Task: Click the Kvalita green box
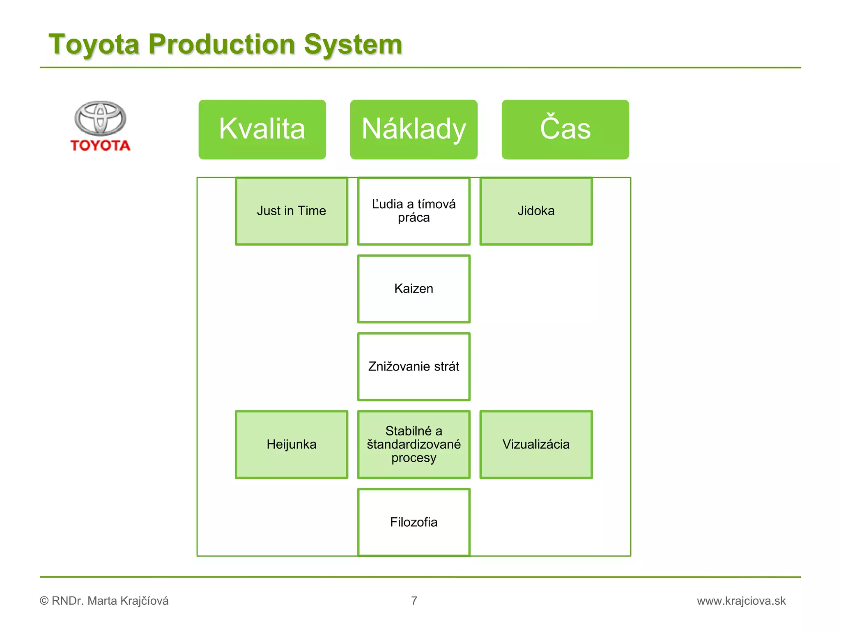262,129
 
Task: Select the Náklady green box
414,129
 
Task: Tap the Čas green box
565,129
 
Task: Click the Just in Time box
292,211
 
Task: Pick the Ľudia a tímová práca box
414,211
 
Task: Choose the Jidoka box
536,211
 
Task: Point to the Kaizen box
414,289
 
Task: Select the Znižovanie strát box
414,366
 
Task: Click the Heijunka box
292,444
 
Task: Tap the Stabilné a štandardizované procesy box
414,444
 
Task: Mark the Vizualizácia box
536,444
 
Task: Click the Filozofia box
414,522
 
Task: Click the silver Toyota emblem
100,118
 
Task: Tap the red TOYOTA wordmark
100,145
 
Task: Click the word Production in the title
222,44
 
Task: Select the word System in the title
353,44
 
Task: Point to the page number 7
414,601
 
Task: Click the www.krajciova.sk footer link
741,601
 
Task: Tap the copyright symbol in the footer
44,601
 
